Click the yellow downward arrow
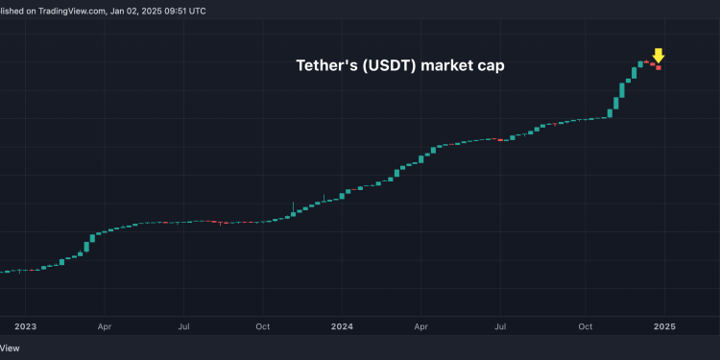click(x=659, y=55)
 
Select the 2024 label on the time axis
click(x=344, y=326)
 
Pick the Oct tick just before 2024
click(x=262, y=326)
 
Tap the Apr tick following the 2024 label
click(x=421, y=326)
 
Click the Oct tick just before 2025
click(x=585, y=326)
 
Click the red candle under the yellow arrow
click(x=659, y=67)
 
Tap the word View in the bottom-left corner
click(x=10, y=348)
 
